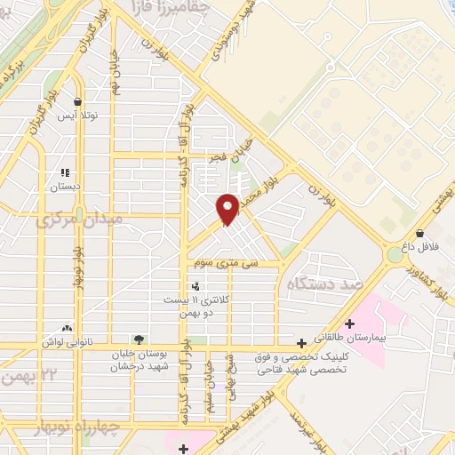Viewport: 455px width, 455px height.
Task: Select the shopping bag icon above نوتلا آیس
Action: click(78, 102)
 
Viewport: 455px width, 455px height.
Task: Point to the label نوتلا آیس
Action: click(77, 116)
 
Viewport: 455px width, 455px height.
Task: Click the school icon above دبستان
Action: click(64, 172)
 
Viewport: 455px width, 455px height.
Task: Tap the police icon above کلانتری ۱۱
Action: click(196, 285)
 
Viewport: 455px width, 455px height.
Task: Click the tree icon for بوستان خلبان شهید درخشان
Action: click(138, 339)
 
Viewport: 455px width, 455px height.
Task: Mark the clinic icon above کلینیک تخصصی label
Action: click(301, 342)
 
